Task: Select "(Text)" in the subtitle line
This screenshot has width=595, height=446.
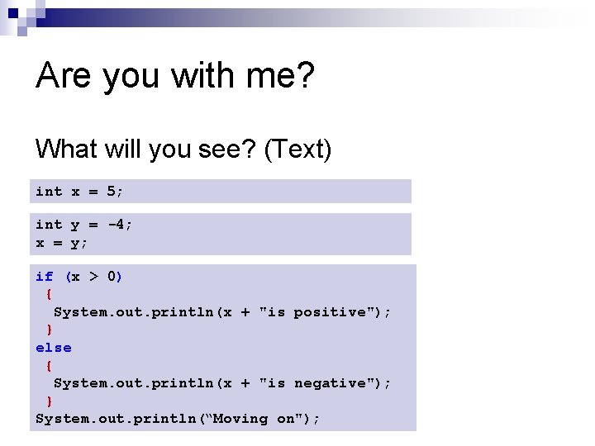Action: coord(297,149)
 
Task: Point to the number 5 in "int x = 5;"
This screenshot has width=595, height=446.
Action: coord(112,192)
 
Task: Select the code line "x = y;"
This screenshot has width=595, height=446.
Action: coord(62,243)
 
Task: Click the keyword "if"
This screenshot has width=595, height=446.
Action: coord(45,277)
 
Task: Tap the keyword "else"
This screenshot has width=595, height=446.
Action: coord(54,348)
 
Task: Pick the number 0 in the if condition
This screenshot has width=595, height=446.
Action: coord(112,277)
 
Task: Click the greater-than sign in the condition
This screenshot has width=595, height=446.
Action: coord(93,277)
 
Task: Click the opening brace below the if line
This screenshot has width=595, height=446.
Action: coord(50,294)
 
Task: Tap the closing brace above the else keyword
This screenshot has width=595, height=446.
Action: coord(50,330)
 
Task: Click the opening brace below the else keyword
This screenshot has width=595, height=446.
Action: coord(50,365)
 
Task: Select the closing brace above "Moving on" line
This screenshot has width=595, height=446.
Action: coord(50,401)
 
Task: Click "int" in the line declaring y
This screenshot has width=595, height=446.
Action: coord(49,225)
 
